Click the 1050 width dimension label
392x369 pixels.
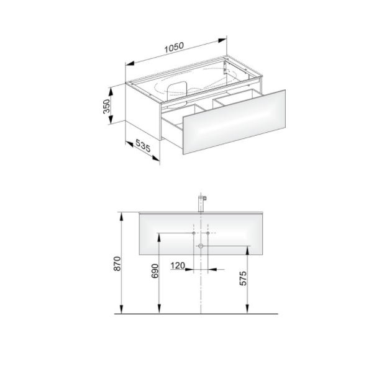click(174, 47)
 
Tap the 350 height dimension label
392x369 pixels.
click(106, 106)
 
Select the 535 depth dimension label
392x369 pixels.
click(143, 146)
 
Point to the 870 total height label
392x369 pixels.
click(117, 264)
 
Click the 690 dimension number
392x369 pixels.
click(155, 271)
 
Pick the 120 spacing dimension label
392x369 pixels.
click(178, 265)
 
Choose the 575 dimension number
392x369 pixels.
click(243, 278)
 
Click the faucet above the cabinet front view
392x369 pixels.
click(201, 203)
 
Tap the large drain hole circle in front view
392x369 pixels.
click(201, 246)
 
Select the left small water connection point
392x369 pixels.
click(194, 233)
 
